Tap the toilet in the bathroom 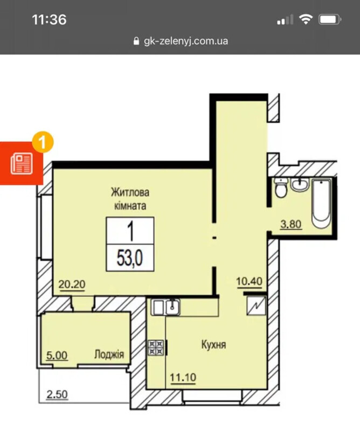point(281,187)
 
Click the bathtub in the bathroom point(321,204)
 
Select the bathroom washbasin point(300,184)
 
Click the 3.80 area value point(291,224)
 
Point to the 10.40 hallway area point(249,281)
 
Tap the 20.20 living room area point(72,284)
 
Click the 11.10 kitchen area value point(183,378)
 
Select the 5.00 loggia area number point(57,356)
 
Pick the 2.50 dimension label point(57,394)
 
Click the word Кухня point(214,344)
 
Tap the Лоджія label point(109,354)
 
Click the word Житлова point(130,192)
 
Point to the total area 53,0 point(130,258)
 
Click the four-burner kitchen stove point(156,347)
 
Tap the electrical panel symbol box point(256,305)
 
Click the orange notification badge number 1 point(43,142)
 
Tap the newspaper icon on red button point(22,164)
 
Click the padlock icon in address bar point(136,41)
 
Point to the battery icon point(330,19)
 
